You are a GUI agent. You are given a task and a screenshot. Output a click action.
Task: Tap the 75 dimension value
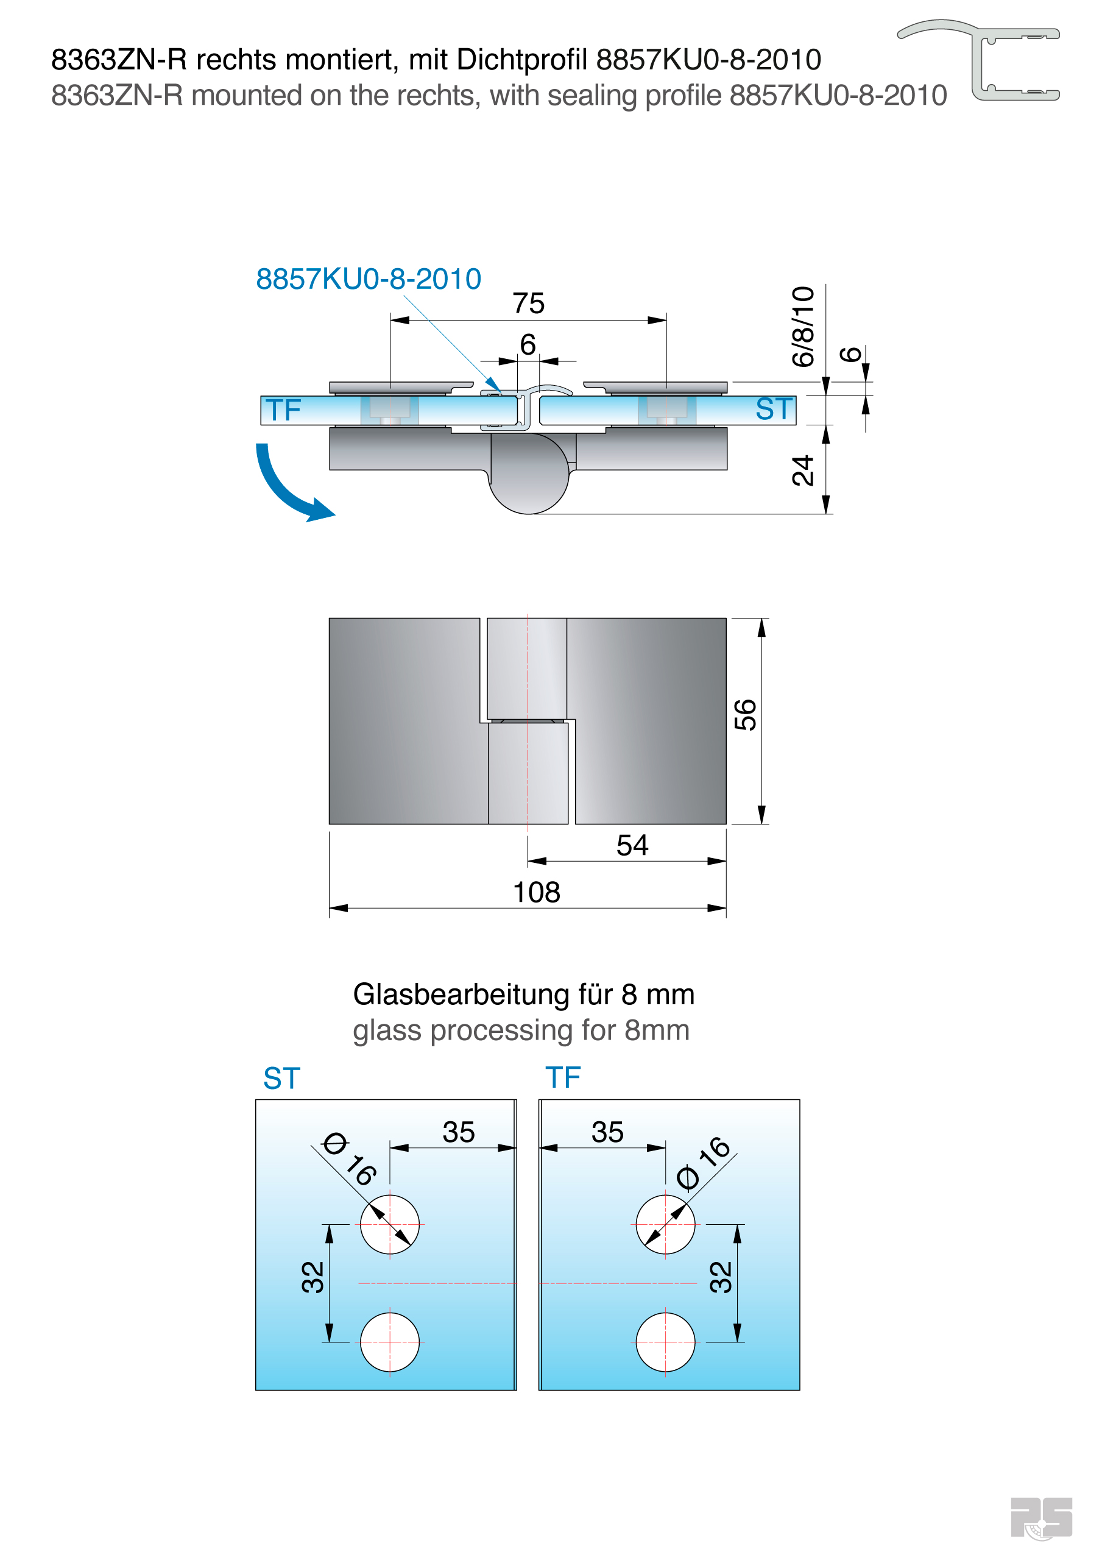(x=528, y=303)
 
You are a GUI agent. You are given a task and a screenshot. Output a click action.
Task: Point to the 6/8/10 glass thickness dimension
(x=803, y=327)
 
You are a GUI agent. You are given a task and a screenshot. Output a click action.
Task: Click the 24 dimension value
(x=803, y=470)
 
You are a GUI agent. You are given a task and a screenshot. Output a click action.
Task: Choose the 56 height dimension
(x=745, y=715)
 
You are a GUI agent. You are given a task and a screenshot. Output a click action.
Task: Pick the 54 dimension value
(x=632, y=845)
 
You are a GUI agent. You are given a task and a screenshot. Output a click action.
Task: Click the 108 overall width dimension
(x=536, y=892)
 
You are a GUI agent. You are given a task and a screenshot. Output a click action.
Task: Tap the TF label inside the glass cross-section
(x=283, y=410)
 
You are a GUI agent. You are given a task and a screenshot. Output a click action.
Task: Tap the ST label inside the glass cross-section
(x=774, y=409)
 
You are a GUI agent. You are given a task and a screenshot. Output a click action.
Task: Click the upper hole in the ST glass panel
(x=389, y=1224)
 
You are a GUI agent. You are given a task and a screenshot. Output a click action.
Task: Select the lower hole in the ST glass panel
(x=389, y=1342)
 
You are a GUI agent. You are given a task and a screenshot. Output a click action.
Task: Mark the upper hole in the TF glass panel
(x=665, y=1224)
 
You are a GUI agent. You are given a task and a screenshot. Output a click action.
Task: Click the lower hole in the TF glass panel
(x=665, y=1342)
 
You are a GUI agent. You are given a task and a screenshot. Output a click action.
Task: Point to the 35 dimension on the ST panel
(x=459, y=1133)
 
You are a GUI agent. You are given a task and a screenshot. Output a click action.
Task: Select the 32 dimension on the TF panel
(x=721, y=1277)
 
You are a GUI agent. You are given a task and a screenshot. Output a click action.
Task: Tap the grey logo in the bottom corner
(x=1041, y=1518)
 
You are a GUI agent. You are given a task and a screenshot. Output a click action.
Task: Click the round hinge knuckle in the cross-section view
(x=529, y=475)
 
